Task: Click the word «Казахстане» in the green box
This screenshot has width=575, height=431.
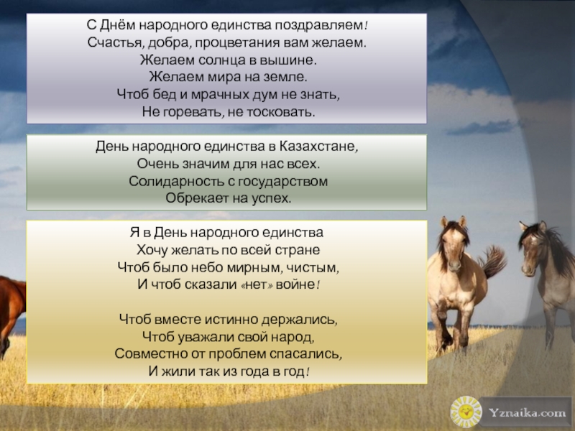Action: point(317,147)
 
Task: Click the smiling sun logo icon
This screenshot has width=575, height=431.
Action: point(466,412)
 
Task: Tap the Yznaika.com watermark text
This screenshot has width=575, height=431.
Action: point(527,412)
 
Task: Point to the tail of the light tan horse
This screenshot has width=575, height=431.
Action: point(492,261)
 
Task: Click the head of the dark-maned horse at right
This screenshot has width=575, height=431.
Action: point(533,249)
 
